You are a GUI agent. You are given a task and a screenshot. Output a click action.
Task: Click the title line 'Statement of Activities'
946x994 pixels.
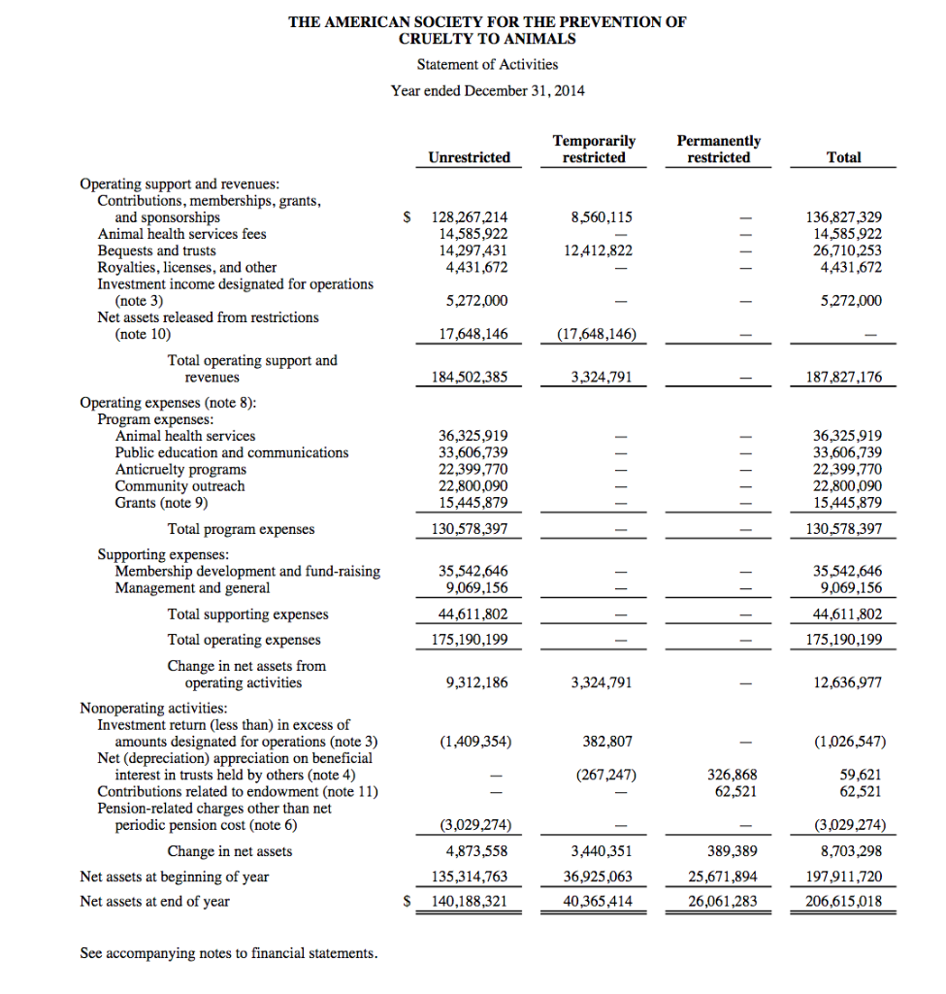click(487, 64)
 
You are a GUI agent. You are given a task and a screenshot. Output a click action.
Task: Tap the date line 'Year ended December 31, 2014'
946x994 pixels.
click(487, 90)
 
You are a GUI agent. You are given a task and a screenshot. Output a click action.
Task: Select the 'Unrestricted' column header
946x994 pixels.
click(469, 157)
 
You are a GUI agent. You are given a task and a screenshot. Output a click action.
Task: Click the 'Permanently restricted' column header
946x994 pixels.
click(718, 149)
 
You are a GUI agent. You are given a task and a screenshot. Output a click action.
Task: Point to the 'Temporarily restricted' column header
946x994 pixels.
click(594, 149)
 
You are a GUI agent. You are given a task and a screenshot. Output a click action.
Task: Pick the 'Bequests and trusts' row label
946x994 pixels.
click(156, 250)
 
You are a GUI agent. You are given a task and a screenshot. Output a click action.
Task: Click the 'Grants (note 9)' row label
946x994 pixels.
click(161, 503)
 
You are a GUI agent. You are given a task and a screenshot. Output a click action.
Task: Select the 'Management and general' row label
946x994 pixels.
click(192, 588)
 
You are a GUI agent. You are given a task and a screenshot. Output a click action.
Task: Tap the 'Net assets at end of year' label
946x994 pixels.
click(154, 901)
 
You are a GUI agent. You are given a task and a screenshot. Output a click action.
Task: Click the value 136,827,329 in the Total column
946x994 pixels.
click(844, 217)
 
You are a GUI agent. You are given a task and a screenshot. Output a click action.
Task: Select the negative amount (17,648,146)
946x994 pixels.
click(596, 334)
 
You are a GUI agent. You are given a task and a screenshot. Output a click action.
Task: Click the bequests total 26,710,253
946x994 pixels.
click(844, 250)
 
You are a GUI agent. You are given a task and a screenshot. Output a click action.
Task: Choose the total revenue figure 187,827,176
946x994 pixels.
click(844, 377)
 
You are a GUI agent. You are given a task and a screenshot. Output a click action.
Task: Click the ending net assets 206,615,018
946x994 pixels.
click(844, 901)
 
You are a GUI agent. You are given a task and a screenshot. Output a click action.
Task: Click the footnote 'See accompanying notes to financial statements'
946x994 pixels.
click(229, 953)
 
